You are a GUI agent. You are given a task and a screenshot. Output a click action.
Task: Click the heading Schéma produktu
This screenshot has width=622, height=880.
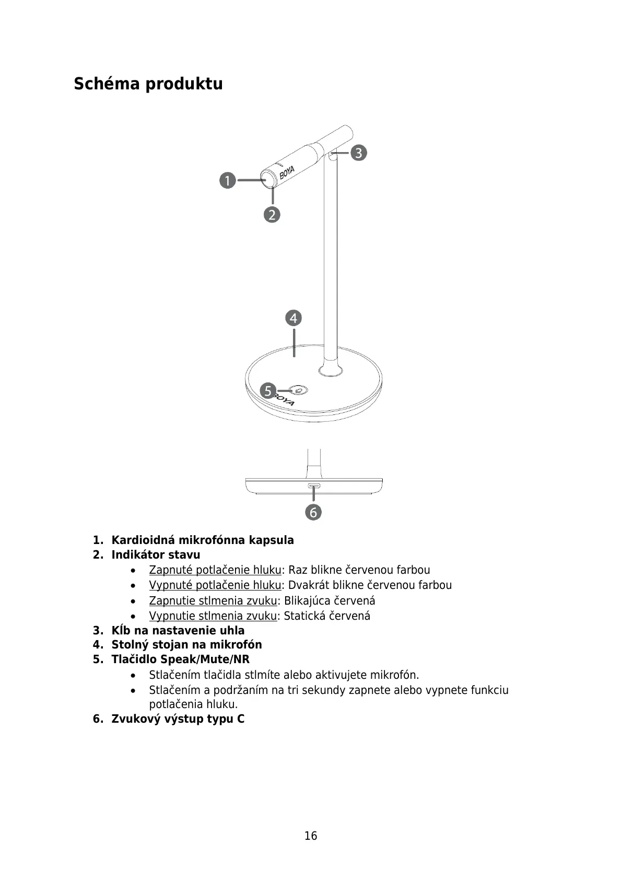pos(148,84)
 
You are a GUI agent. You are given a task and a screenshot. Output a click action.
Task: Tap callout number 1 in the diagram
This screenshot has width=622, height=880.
pos(227,181)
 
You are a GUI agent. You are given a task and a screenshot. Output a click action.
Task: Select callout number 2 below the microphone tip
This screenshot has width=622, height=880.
pos(272,214)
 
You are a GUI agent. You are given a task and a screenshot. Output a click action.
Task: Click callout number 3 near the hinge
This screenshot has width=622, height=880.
pos(358,153)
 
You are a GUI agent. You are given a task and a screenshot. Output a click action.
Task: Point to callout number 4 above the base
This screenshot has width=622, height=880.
pos(294,318)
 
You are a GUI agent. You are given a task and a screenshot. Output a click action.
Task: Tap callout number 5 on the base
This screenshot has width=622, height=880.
pos(268,390)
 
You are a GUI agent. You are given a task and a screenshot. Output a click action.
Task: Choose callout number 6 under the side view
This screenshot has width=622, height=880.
pos(313,512)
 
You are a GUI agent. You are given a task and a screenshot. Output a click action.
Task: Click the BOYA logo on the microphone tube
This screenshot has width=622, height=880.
pos(287,172)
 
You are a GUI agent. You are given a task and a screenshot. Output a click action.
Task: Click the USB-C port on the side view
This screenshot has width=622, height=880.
pos(314,486)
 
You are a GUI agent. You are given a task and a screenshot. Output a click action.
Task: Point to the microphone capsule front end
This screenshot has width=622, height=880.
pos(269,179)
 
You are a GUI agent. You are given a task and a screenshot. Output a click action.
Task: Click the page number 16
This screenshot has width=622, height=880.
pos(311,836)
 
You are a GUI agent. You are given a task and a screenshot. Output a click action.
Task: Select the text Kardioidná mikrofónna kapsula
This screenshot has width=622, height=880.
pos(203,540)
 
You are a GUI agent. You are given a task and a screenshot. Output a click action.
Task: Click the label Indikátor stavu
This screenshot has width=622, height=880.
pos(156,554)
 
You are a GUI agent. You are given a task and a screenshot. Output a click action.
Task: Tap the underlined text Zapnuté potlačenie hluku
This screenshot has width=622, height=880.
pos(215,570)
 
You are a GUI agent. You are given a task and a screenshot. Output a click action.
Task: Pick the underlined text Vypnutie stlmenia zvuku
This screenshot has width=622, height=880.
pos(213,616)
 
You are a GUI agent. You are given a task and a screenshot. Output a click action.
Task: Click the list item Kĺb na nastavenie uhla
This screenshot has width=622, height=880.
pos(178,630)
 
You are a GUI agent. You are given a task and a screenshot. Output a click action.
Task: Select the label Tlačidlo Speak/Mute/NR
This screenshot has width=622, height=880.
pos(181,659)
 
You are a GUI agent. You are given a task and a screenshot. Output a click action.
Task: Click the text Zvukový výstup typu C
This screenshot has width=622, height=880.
pos(178,719)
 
